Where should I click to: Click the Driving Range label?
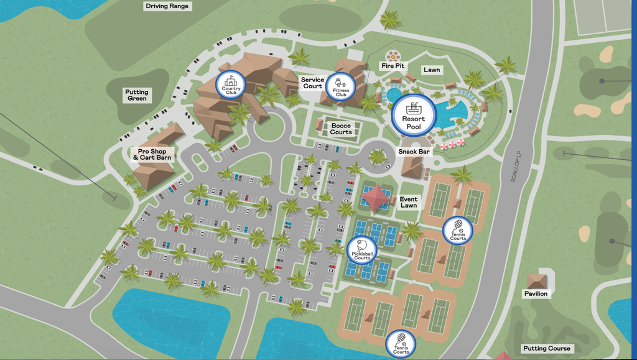(x=167, y=6)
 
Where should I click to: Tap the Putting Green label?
(x=137, y=95)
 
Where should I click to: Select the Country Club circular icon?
(x=231, y=85)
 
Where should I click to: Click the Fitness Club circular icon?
(x=341, y=86)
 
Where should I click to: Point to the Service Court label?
(x=312, y=83)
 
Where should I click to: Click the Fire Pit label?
(x=393, y=66)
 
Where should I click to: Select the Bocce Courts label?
(x=341, y=129)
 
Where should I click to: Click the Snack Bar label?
(x=414, y=151)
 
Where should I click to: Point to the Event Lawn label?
(x=409, y=203)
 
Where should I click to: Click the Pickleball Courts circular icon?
(x=362, y=250)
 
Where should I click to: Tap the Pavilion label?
(x=535, y=293)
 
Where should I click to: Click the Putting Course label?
(x=546, y=348)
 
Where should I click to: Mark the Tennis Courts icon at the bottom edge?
(x=401, y=344)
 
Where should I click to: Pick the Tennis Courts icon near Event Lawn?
(x=458, y=231)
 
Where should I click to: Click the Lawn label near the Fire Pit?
(x=432, y=70)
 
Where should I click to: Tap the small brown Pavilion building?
(x=536, y=279)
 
